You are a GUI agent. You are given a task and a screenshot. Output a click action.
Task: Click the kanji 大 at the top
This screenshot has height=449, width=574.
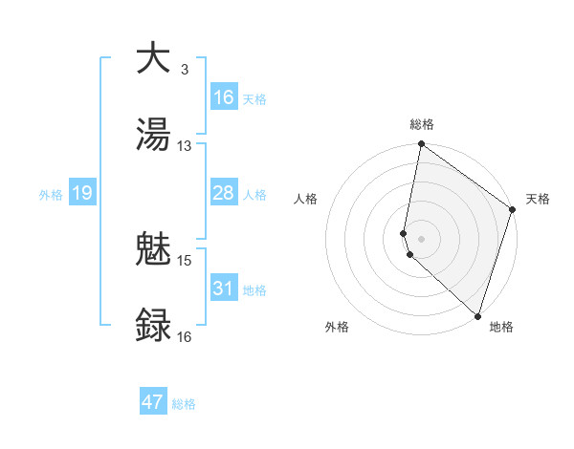pos(153,59)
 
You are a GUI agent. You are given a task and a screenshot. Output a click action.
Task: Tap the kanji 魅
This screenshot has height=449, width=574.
pos(153,250)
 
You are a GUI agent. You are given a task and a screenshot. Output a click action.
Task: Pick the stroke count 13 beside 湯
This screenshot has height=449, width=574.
pos(185,145)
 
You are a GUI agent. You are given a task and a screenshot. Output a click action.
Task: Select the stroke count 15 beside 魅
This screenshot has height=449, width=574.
pos(185,260)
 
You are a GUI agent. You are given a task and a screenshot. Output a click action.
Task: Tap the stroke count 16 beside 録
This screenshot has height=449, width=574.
pos(185,336)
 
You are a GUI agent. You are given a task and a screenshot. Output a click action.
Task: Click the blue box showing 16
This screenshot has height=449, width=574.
pos(223,97)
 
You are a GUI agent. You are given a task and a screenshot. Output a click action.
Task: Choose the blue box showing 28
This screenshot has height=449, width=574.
pos(223,193)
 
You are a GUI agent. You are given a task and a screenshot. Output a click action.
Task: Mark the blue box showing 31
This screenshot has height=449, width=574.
pos(223,289)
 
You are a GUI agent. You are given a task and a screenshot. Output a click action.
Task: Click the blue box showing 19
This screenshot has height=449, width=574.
pos(81,193)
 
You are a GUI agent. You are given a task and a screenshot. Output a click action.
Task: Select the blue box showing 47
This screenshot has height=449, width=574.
pos(153,402)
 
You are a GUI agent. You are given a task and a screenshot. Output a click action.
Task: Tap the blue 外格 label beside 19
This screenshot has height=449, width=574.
pos(51,194)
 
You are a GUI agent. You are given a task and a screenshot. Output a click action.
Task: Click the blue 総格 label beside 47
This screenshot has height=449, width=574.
pos(184,404)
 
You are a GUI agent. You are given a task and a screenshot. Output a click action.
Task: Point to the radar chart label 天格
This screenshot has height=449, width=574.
pos(538,199)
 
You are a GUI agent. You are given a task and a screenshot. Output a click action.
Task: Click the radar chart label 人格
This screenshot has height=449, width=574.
pos(306,199)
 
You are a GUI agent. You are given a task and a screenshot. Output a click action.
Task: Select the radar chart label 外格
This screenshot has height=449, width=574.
pos(337,327)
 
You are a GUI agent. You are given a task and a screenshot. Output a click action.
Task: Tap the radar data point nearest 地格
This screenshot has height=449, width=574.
pos(477,316)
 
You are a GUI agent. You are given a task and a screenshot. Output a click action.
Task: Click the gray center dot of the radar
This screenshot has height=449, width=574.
pos(421,238)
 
